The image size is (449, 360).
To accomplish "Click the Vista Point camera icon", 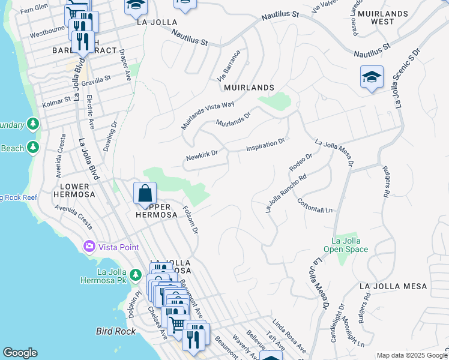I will pyautogui.click(x=89, y=247).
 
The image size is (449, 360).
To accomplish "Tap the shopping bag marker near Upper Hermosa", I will pyautogui.click(x=145, y=194).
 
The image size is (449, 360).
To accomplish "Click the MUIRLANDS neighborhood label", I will pyautogui.click(x=249, y=88).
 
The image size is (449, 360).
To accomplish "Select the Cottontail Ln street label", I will pyautogui.click(x=315, y=204).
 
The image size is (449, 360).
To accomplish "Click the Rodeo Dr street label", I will pyautogui.click(x=301, y=161).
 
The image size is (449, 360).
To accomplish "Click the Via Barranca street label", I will pyautogui.click(x=228, y=67).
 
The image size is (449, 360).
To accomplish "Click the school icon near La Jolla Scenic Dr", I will pyautogui.click(x=372, y=77).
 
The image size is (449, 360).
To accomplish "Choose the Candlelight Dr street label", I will pyautogui.click(x=337, y=323).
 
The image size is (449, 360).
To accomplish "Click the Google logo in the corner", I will pyautogui.click(x=20, y=353).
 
